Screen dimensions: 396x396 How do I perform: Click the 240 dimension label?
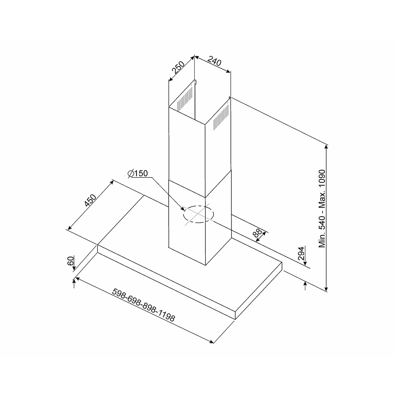(x=214, y=61)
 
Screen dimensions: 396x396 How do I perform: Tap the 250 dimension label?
(x=178, y=67)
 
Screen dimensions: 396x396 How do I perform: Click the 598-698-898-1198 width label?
(x=143, y=305)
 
